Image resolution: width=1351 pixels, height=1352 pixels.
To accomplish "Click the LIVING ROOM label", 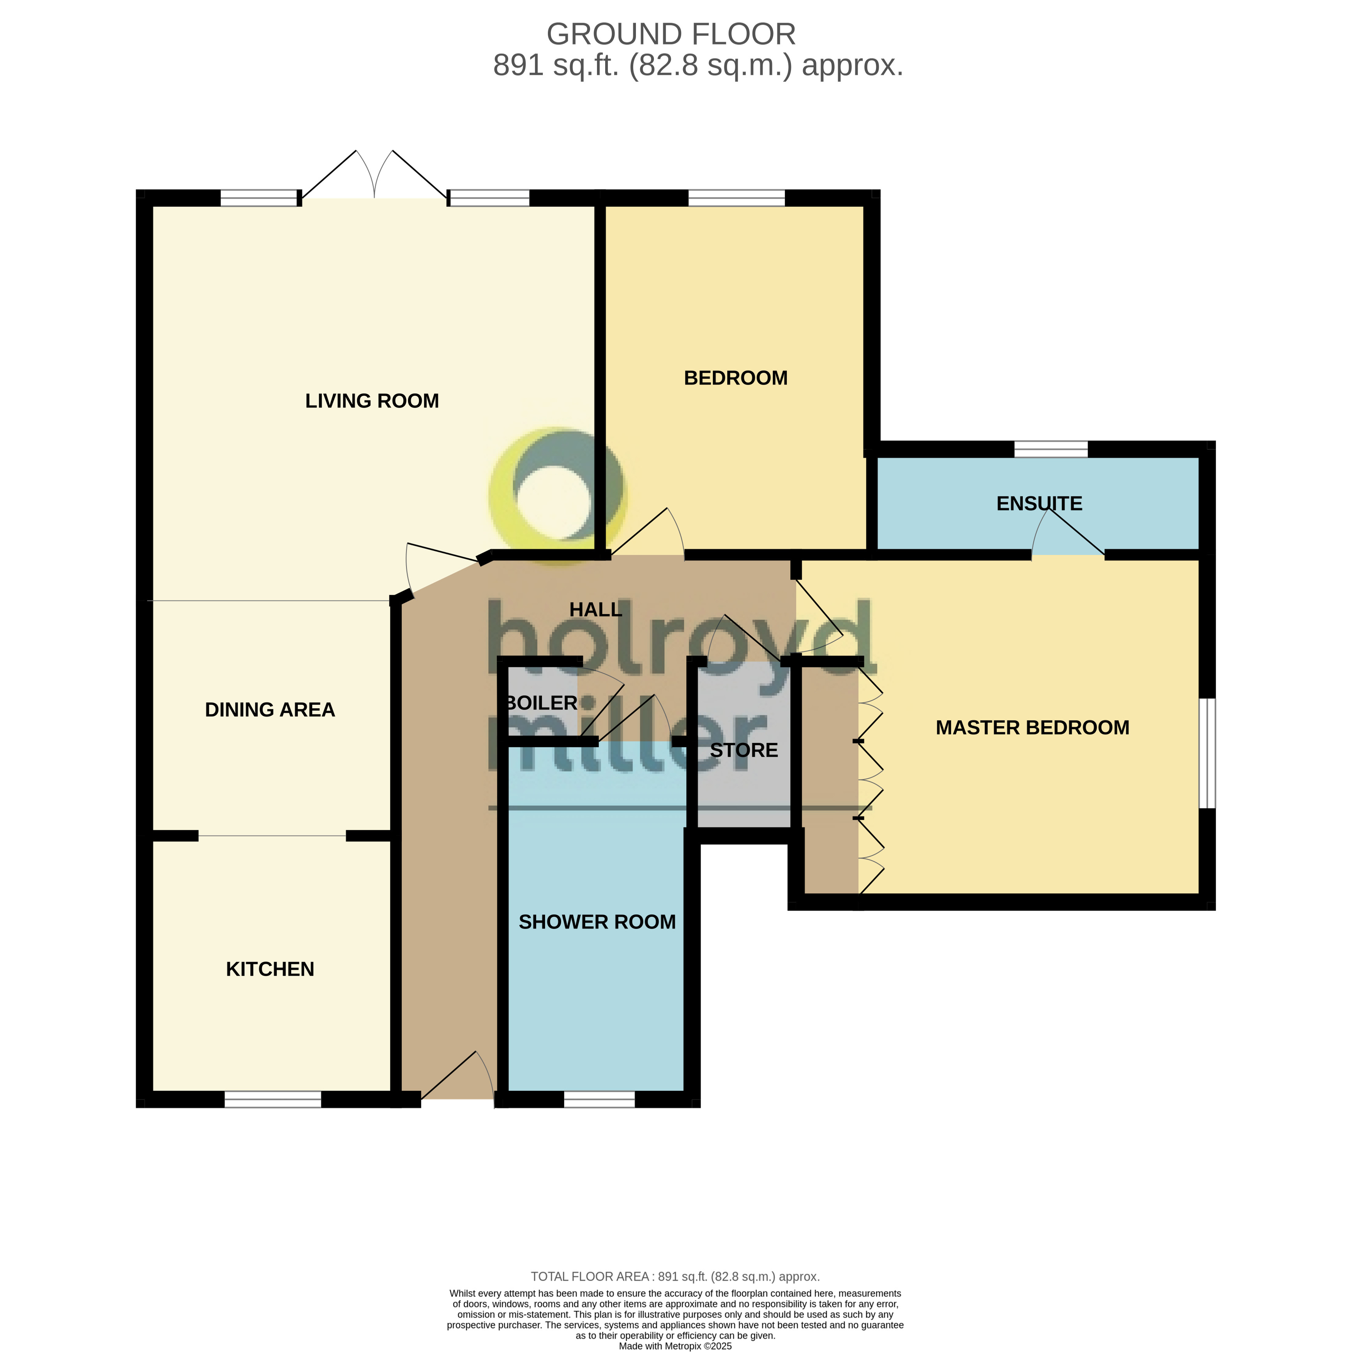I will (x=372, y=401).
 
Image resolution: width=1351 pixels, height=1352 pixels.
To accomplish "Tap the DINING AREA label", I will (x=270, y=710).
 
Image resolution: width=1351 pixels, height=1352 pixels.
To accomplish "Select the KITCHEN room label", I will (x=270, y=969).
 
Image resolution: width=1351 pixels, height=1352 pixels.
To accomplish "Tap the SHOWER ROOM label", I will (x=597, y=922).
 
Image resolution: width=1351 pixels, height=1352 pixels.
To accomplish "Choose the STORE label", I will (x=743, y=750).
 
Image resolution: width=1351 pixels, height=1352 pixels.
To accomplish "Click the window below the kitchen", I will (x=272, y=1100).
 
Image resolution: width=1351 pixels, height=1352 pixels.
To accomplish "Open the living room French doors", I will (x=374, y=178).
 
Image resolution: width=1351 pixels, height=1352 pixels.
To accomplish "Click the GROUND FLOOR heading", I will (x=671, y=34).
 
